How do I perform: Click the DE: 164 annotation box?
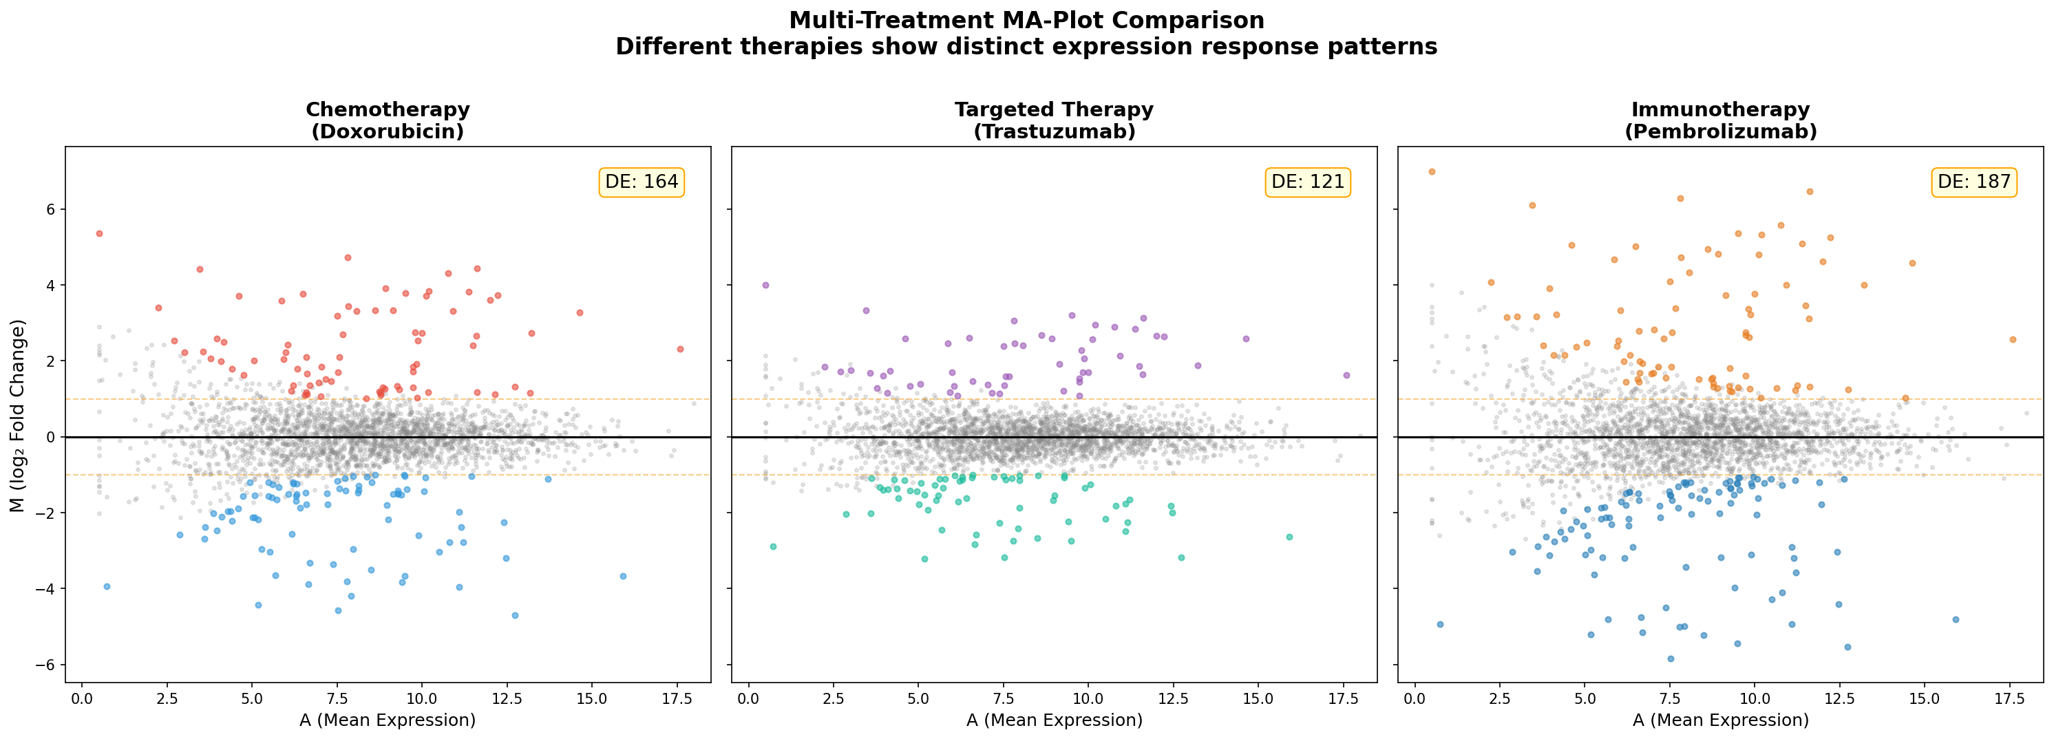[641, 182]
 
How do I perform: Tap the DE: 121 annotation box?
[1308, 182]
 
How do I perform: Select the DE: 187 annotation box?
[1974, 182]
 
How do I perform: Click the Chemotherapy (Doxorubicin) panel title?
[388, 120]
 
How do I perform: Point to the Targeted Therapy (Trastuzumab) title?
[1054, 120]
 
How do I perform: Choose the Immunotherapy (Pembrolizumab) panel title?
[1721, 120]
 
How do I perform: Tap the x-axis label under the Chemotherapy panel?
[388, 720]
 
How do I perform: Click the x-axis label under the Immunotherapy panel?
[1721, 720]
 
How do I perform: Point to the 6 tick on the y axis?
[50, 210]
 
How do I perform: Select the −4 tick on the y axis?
[46, 589]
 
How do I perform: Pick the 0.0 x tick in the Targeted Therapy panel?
[748, 699]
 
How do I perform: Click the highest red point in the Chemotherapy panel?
[99, 233]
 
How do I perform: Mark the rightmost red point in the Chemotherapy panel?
[680, 349]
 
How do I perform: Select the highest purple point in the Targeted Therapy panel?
[765, 286]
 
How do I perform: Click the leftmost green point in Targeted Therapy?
[772, 547]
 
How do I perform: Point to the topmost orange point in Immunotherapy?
[1432, 171]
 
